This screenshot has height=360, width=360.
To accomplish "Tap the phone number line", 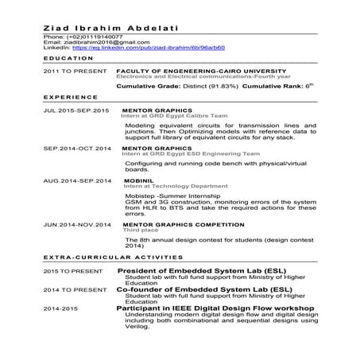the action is click(83, 37).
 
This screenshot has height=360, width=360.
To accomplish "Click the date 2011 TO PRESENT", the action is click(72, 71).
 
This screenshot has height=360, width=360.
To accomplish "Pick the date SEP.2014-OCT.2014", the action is click(75, 148).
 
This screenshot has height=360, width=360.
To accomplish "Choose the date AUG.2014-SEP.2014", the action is click(75, 181).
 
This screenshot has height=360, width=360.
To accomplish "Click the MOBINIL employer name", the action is click(138, 181).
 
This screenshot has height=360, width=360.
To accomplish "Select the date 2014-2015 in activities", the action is click(60, 308).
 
